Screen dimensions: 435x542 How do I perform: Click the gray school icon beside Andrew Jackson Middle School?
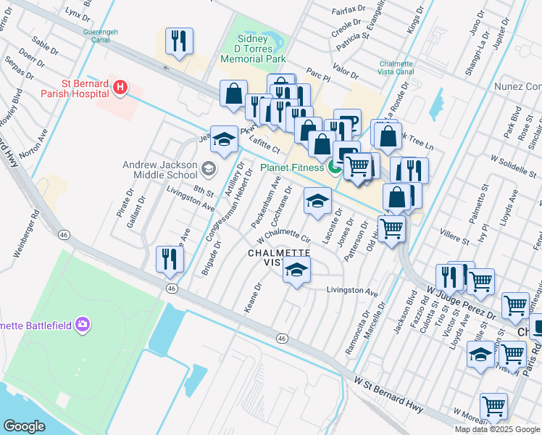pyautogui.click(x=209, y=170)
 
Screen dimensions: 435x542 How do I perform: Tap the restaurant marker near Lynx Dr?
pyautogui.click(x=178, y=41)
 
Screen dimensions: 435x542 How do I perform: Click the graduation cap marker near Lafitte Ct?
pyautogui.click(x=225, y=141)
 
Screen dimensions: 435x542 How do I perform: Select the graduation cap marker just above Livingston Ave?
pyautogui.click(x=296, y=270)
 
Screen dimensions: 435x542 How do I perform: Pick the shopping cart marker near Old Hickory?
pyautogui.click(x=392, y=228)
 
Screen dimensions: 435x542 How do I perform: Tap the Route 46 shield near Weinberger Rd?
pyautogui.click(x=64, y=235)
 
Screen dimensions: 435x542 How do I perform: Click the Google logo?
pyautogui.click(x=25, y=426)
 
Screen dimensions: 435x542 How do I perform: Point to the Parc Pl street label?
pyautogui.click(x=317, y=73)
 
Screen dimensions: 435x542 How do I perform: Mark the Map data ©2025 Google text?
pyautogui.click(x=497, y=429)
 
